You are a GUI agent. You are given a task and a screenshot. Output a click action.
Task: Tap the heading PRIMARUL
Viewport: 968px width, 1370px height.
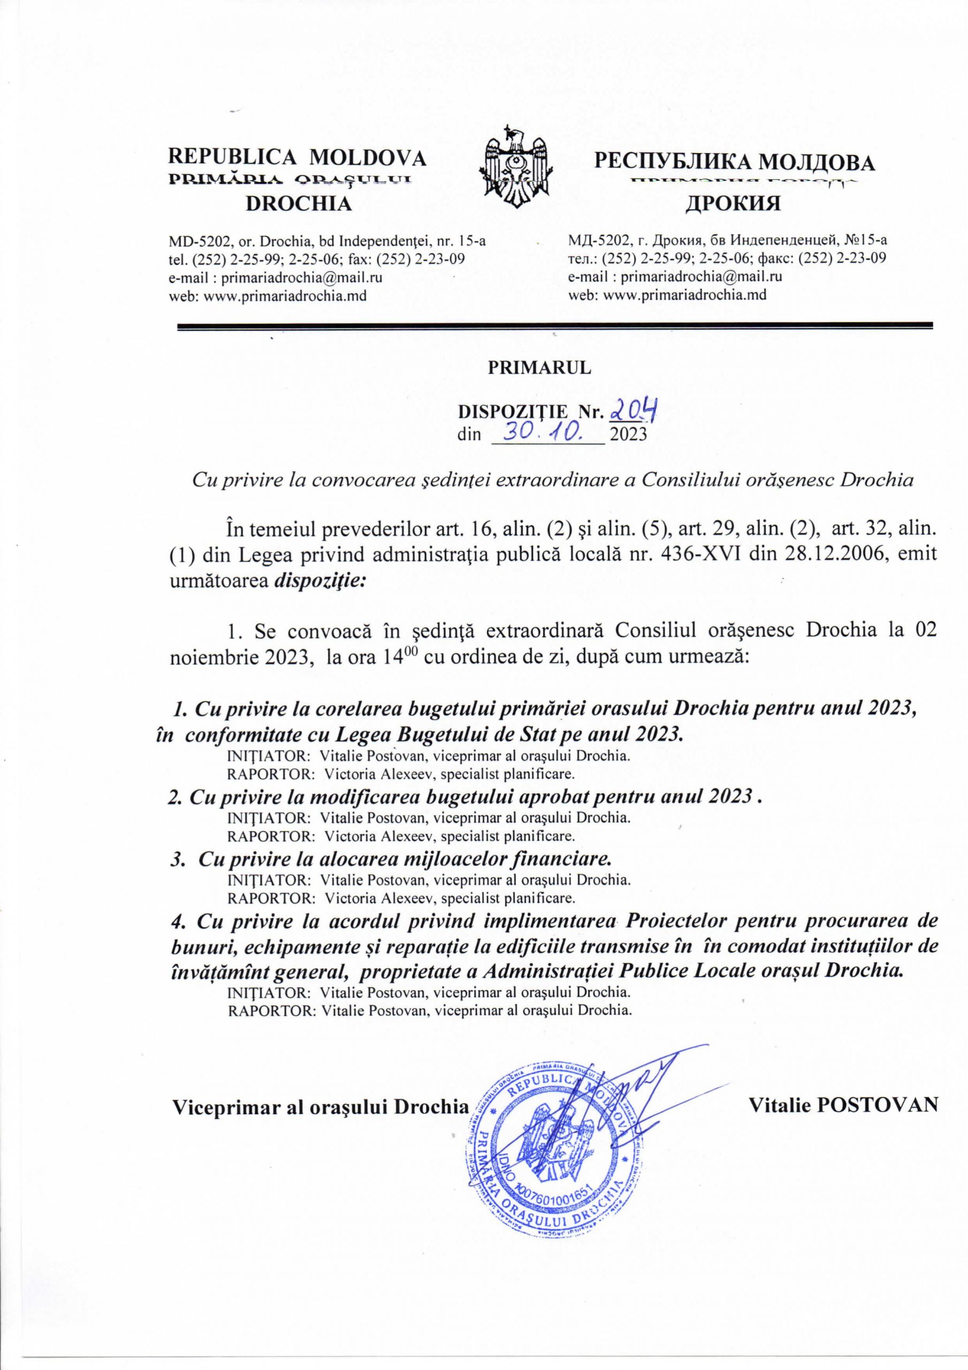pyautogui.click(x=540, y=368)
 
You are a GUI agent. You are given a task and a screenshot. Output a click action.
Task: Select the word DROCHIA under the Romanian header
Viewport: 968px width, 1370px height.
pyautogui.click(x=300, y=204)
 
